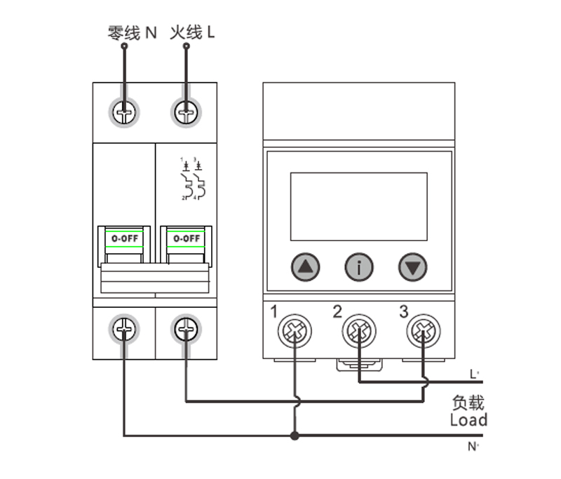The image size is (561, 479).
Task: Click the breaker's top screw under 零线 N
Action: pyautogui.click(x=124, y=111)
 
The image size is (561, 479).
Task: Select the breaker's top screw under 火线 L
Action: pyautogui.click(x=186, y=111)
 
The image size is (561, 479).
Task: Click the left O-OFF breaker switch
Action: pyautogui.click(x=125, y=239)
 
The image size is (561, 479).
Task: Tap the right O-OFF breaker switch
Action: pyautogui.click(x=186, y=239)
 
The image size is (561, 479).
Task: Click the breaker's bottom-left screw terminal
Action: pyautogui.click(x=124, y=328)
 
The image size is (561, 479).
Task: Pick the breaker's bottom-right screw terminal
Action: pyautogui.click(x=186, y=328)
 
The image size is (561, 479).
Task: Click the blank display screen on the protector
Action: pyautogui.click(x=358, y=206)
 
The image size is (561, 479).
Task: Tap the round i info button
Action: pyautogui.click(x=359, y=267)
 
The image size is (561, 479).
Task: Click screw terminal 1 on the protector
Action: pyautogui.click(x=294, y=330)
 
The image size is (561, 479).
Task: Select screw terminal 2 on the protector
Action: pyautogui.click(x=359, y=330)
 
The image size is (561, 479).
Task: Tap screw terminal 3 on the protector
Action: pyautogui.click(x=423, y=330)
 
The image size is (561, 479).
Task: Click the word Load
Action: pyautogui.click(x=468, y=420)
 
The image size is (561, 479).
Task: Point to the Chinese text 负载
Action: pyautogui.click(x=468, y=403)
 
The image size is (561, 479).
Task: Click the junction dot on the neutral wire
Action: pyautogui.click(x=295, y=436)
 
